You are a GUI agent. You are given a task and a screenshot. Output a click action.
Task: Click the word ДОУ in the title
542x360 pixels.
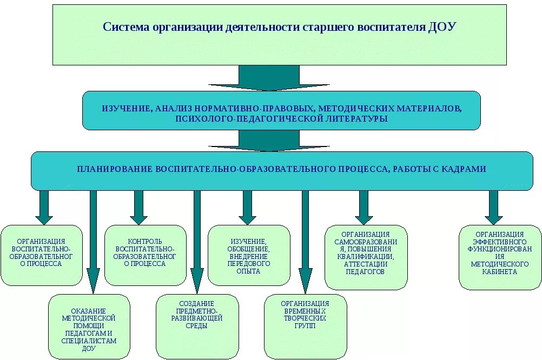(442, 27)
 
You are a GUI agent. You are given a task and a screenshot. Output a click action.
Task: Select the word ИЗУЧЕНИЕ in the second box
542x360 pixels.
(127, 109)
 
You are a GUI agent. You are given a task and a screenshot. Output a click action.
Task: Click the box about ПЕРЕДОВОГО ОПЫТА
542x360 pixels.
(249, 255)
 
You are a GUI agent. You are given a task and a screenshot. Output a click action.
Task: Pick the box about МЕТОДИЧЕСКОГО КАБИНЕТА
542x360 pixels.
(499, 257)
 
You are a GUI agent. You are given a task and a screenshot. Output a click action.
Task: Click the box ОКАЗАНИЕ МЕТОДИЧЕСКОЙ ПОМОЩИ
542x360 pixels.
(89, 326)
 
